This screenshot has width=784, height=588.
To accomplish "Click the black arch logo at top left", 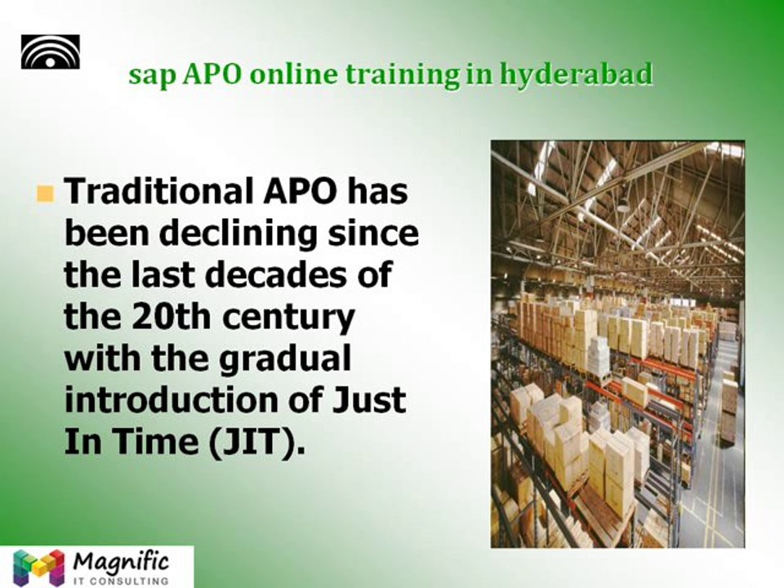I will pyautogui.click(x=51, y=52).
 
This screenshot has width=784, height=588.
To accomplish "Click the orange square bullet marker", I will pyautogui.click(x=45, y=194).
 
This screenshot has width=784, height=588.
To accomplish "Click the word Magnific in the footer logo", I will pyautogui.click(x=120, y=562).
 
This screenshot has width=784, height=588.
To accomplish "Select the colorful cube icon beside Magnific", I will pyautogui.click(x=38, y=567).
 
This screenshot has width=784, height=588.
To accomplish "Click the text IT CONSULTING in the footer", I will pyautogui.click(x=120, y=580).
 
